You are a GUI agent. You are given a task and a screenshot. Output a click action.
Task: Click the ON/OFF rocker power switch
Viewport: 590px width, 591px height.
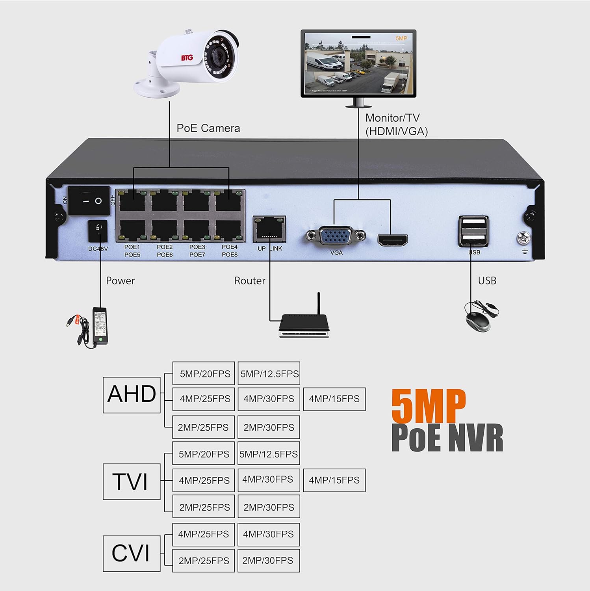pos(89,201)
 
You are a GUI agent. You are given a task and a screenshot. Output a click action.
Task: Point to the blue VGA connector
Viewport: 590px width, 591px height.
pos(336,236)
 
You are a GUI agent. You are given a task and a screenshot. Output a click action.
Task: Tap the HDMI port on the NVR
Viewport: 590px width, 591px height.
pos(392,240)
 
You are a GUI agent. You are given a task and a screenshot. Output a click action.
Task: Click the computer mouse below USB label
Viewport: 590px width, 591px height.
pos(478,321)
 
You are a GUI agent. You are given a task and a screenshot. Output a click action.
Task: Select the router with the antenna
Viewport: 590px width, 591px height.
pos(304,325)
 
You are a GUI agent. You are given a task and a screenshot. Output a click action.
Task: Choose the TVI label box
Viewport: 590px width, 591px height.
pos(132,481)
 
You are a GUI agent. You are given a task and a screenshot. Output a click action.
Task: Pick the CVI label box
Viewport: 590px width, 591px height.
pos(132,553)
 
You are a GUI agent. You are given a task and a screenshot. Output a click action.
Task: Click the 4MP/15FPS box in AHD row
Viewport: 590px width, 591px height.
pos(334,399)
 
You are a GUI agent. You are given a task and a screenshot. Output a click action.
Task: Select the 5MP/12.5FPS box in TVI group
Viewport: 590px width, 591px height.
pos(269,454)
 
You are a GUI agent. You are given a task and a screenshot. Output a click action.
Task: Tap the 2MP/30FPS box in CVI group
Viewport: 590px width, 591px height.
pos(268,560)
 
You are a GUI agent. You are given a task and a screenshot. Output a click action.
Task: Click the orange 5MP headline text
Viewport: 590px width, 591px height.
pos(429,406)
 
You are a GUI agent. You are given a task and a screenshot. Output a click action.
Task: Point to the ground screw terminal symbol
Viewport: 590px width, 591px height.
pos(524,238)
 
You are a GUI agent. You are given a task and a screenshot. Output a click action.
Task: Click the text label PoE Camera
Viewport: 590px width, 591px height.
pos(208,128)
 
